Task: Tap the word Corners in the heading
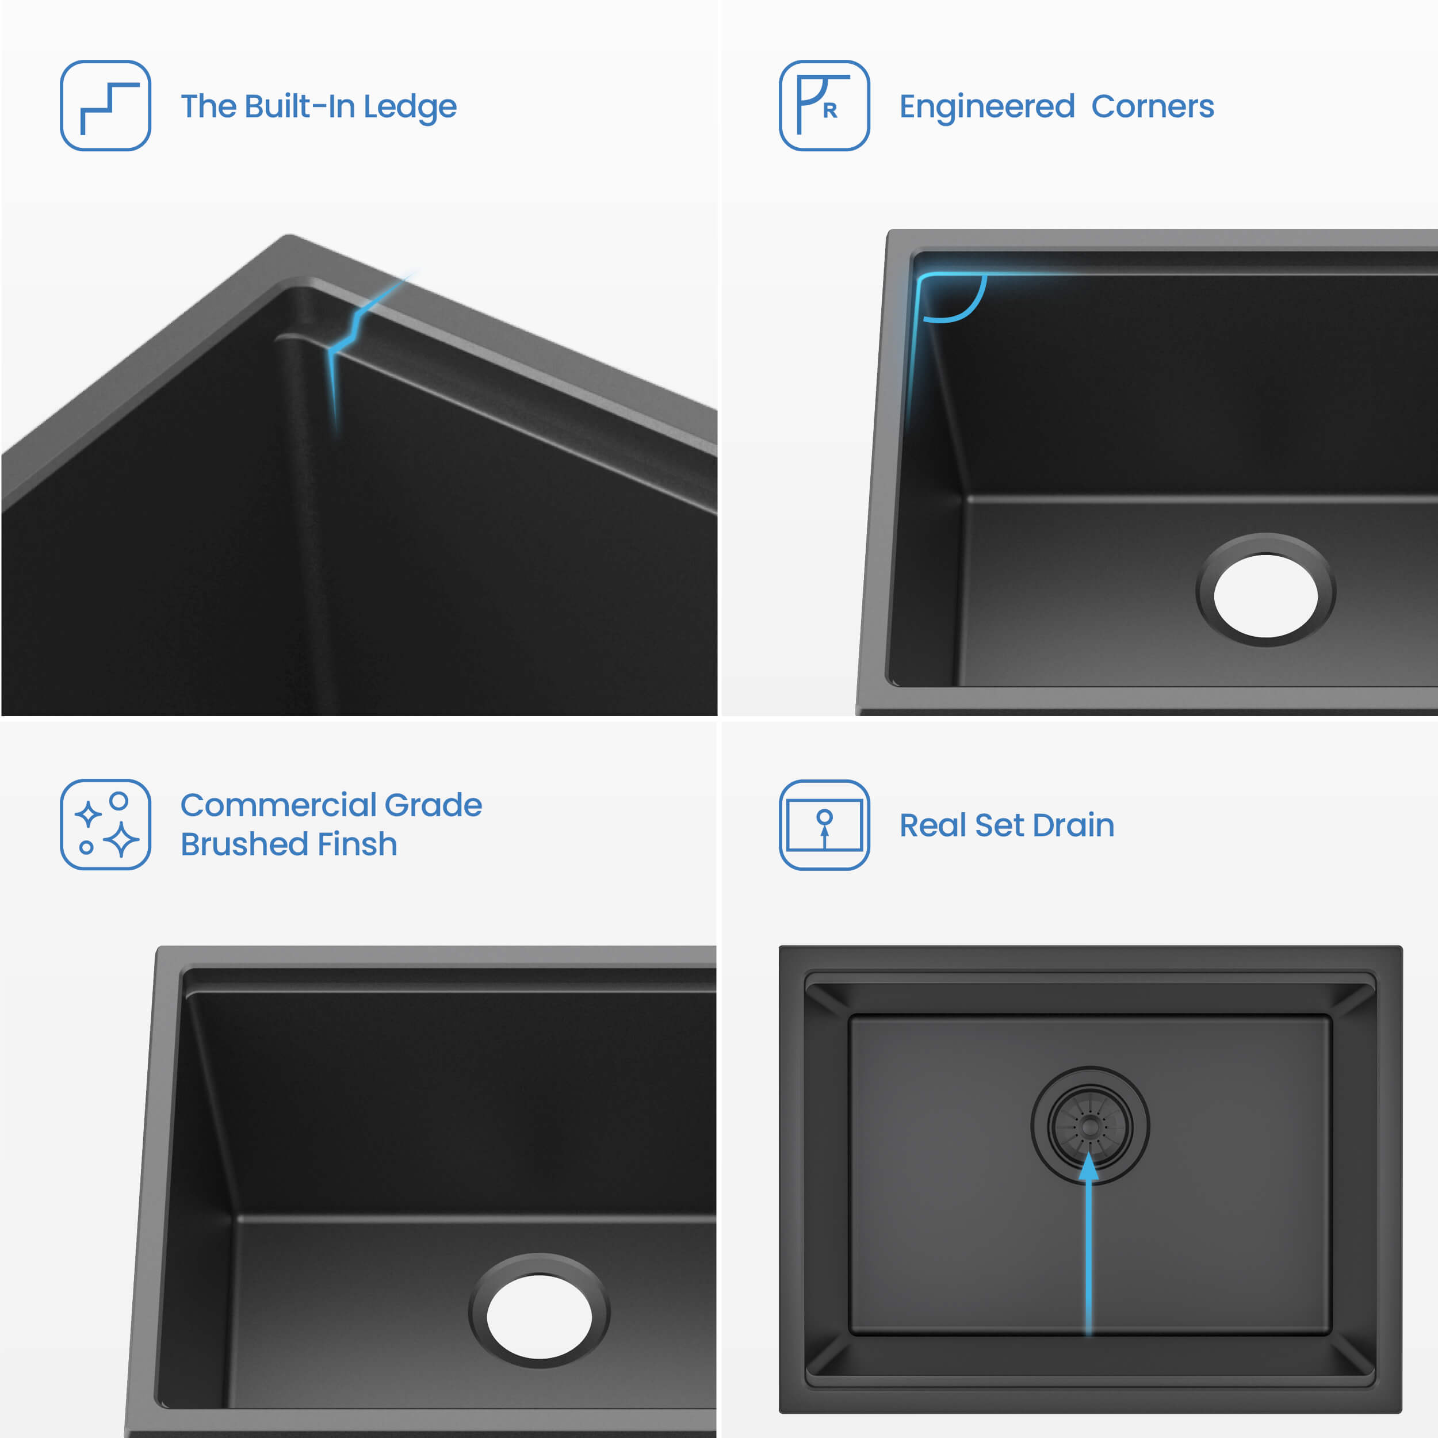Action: (x=1152, y=106)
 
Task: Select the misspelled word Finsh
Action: (x=357, y=844)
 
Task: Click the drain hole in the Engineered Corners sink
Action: (x=1265, y=595)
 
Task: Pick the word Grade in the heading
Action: (x=433, y=805)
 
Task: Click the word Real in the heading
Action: (x=932, y=825)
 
